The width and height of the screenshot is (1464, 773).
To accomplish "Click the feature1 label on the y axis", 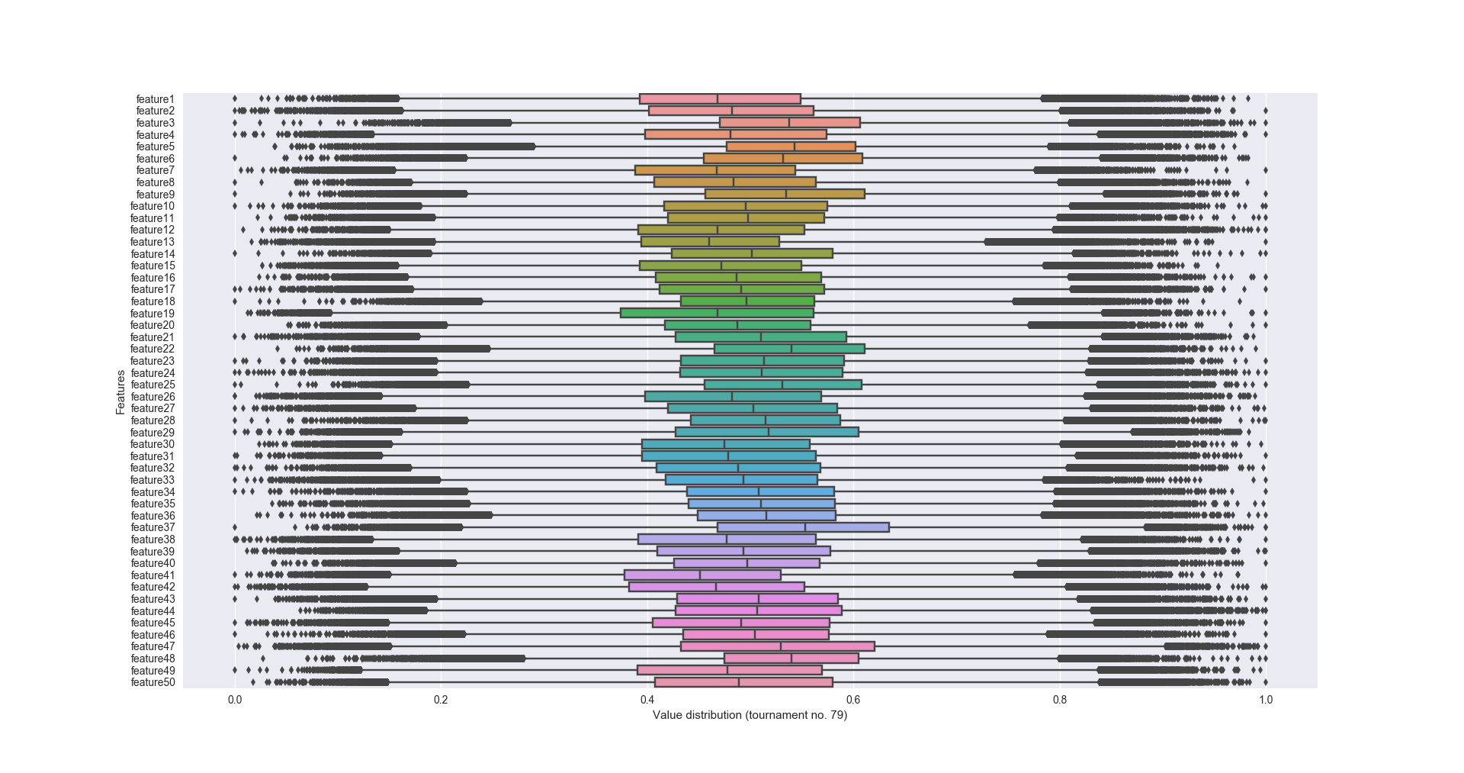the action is click(x=156, y=99).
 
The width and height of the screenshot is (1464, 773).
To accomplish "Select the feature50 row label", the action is click(x=152, y=682).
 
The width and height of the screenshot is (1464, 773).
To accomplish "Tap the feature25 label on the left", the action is click(x=152, y=385).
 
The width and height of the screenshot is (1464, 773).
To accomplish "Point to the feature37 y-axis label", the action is click(x=152, y=527).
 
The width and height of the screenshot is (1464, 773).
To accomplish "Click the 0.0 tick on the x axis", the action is click(x=235, y=700).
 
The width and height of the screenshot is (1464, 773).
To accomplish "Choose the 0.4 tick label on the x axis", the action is click(x=647, y=700).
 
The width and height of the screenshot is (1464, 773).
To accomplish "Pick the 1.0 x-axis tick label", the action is click(x=1266, y=700).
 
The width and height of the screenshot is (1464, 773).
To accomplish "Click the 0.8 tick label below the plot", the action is click(x=1060, y=700).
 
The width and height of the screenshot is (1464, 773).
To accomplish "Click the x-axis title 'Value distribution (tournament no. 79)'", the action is click(x=750, y=715).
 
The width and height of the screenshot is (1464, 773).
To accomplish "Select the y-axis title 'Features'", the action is click(x=120, y=392).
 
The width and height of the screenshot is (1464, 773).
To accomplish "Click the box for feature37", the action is click(x=803, y=527).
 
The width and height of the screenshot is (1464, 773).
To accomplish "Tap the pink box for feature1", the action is click(x=720, y=99).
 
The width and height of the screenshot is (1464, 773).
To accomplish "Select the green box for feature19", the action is click(x=717, y=313).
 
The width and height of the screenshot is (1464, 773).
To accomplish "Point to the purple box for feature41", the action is click(x=702, y=575).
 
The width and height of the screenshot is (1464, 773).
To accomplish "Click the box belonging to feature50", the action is click(x=743, y=682).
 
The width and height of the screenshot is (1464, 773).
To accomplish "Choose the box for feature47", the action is click(x=778, y=646).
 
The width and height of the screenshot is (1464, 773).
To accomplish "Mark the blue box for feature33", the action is click(x=741, y=480).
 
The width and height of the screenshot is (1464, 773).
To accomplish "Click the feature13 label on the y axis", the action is click(x=152, y=242).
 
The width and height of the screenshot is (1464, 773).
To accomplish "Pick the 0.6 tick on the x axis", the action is click(x=853, y=700).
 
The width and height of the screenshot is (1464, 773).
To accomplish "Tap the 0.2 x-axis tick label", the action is click(x=441, y=700).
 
